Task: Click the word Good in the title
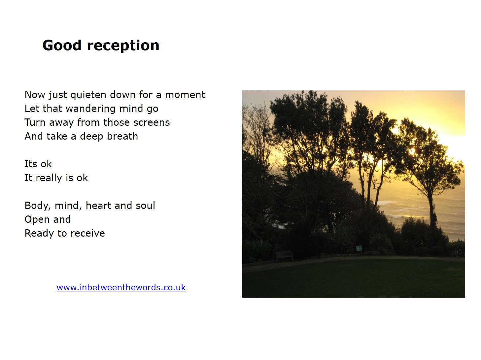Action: (62, 45)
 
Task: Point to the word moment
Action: (185, 95)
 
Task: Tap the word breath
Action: (122, 136)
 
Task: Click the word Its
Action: (31, 164)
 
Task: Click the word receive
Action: (88, 233)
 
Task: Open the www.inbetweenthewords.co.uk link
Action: (121, 287)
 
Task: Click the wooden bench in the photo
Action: (284, 256)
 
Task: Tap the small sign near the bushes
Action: (359, 248)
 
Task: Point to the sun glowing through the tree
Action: (412, 151)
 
